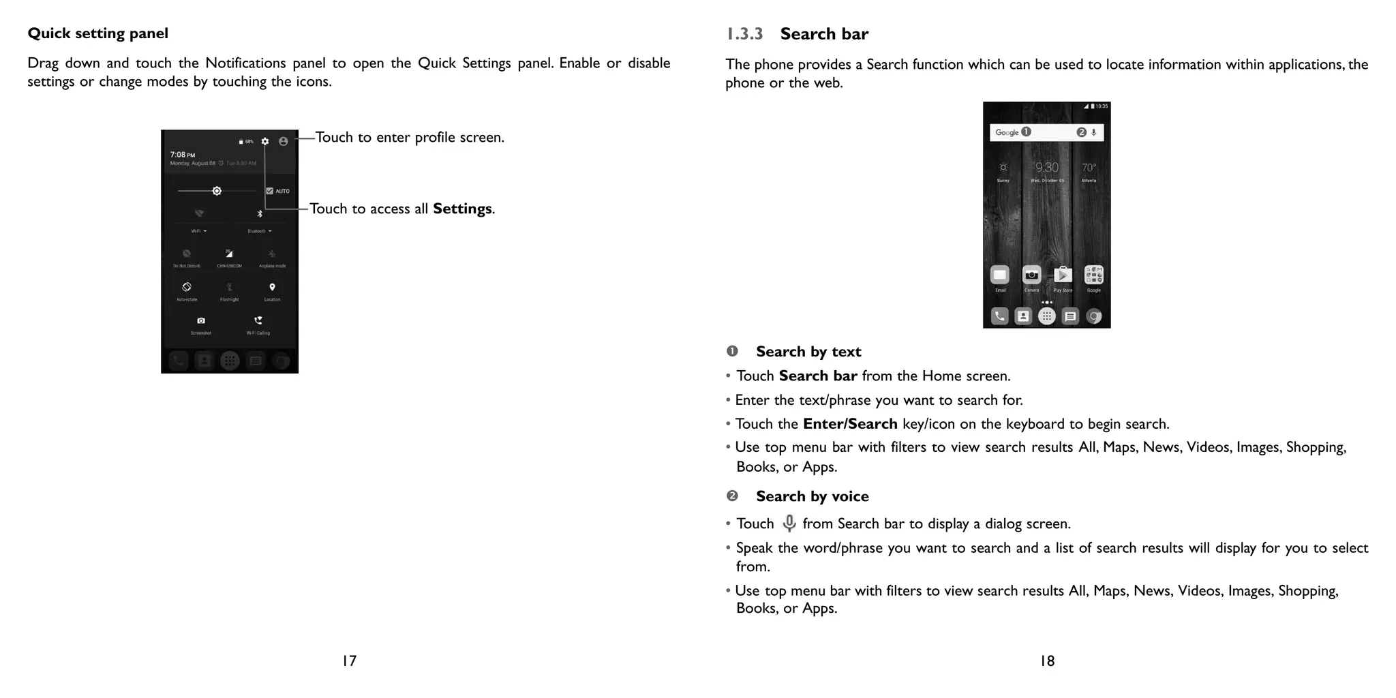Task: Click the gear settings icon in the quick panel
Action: point(264,141)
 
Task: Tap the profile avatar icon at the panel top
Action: point(284,141)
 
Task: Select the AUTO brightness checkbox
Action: point(270,191)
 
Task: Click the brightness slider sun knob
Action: point(217,191)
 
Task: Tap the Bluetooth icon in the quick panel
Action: point(260,213)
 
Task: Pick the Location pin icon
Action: point(272,287)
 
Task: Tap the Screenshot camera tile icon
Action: point(201,320)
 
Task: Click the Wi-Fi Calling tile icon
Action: point(258,320)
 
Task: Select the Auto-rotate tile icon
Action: point(187,287)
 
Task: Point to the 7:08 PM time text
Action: point(182,155)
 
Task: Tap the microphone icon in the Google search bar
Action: point(1094,132)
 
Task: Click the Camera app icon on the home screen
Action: point(1031,275)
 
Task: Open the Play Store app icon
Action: point(1063,275)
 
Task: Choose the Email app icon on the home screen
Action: point(1000,275)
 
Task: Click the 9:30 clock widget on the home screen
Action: point(1047,168)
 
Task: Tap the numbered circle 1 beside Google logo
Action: point(1027,132)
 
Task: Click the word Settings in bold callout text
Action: point(462,209)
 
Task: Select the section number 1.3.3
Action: point(744,34)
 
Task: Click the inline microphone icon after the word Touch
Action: point(789,523)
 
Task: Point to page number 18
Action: point(1047,661)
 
